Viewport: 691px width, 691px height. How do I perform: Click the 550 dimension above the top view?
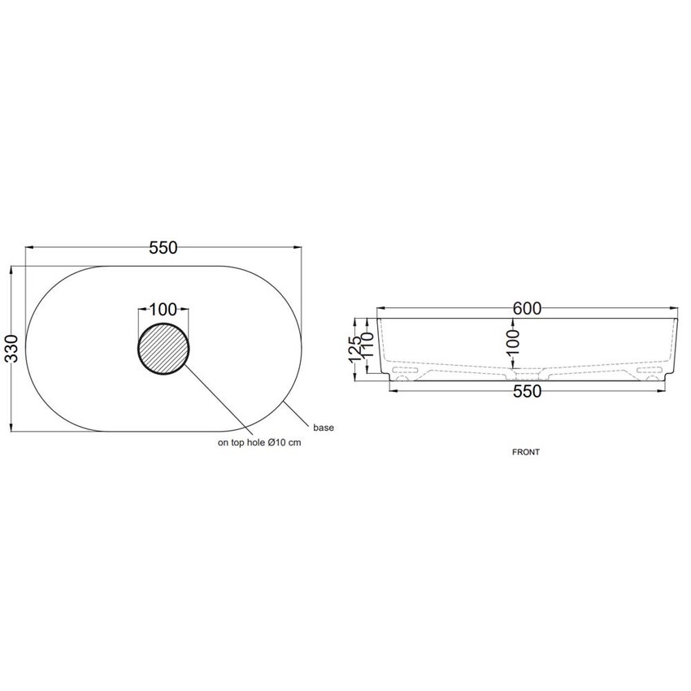point(163,248)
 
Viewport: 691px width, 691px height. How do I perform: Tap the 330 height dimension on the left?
point(12,348)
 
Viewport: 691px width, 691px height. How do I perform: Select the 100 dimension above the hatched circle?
point(163,310)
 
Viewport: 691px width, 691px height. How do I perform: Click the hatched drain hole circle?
point(163,349)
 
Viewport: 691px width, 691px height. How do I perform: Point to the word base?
point(324,428)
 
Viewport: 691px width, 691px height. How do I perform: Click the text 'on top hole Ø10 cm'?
point(259,442)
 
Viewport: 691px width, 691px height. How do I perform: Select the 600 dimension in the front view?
point(527,308)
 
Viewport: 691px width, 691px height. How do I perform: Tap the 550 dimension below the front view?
point(527,391)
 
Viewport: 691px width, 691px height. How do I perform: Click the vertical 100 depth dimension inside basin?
point(514,342)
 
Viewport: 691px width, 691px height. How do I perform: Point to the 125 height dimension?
point(356,350)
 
